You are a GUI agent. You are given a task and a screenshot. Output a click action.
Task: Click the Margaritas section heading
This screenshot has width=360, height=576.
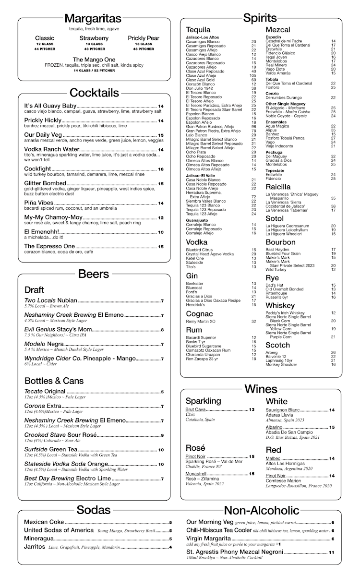93,19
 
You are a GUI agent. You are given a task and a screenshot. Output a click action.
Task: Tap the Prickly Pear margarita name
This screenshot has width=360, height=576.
143,38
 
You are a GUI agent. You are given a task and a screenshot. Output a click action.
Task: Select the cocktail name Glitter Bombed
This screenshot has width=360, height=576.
45,183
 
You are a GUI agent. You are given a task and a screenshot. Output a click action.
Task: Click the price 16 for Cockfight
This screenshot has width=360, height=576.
161,169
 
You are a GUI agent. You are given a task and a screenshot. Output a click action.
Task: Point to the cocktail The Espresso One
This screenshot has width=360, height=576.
50,246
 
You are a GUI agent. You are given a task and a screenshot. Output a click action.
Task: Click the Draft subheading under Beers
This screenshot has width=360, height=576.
34,289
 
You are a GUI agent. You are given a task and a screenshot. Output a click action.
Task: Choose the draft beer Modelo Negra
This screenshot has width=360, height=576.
44,344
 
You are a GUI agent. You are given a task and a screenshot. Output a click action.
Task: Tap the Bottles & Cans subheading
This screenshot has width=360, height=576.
54,381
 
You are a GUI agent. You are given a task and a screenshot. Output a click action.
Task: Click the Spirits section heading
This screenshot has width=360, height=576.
260,19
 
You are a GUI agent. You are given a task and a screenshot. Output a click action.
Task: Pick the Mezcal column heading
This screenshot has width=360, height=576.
278,30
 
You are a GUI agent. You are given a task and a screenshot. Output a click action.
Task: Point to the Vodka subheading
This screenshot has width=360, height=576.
196,242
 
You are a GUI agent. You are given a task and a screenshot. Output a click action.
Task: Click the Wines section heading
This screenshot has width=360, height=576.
261,389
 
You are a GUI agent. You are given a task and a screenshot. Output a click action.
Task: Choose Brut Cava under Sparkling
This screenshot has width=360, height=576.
195,409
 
